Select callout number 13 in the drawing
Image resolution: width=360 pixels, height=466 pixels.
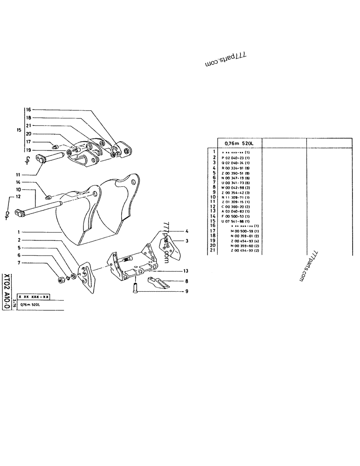(186, 271)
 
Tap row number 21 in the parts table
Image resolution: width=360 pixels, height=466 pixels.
(213, 250)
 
